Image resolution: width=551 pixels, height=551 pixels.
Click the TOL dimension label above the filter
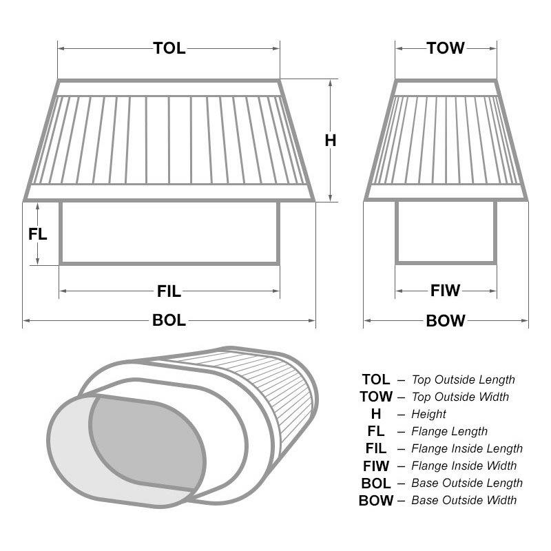pos(169,48)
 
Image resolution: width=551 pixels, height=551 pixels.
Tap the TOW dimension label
pos(446,48)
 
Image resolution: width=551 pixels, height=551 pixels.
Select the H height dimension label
pos(331,141)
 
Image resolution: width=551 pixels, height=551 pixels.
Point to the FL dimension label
pos(38,233)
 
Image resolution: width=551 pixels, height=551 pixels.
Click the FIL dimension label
pos(169,292)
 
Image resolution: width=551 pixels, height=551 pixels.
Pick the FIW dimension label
pos(445,291)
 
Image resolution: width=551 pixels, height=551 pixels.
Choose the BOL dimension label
pos(169,320)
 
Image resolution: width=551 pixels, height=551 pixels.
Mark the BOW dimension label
pos(446,320)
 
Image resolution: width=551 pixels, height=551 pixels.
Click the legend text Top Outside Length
pos(463,380)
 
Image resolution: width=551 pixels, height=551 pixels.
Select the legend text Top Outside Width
pos(460,397)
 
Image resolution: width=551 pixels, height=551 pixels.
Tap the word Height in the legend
pos(428,414)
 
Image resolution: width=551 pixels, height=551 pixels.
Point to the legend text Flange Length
pos(449,431)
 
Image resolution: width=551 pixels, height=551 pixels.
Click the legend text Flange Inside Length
pos(466,448)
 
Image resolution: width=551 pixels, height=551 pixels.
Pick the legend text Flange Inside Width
pos(464,466)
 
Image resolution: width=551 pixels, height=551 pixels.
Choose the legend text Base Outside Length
pos(466,483)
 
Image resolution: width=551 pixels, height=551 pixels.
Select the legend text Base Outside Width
pos(464,500)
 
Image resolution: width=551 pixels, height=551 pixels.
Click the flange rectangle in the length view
pos(169,233)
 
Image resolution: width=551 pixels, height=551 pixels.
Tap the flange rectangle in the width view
pos(446,233)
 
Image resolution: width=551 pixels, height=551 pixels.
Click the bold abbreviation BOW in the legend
pos(376,501)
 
